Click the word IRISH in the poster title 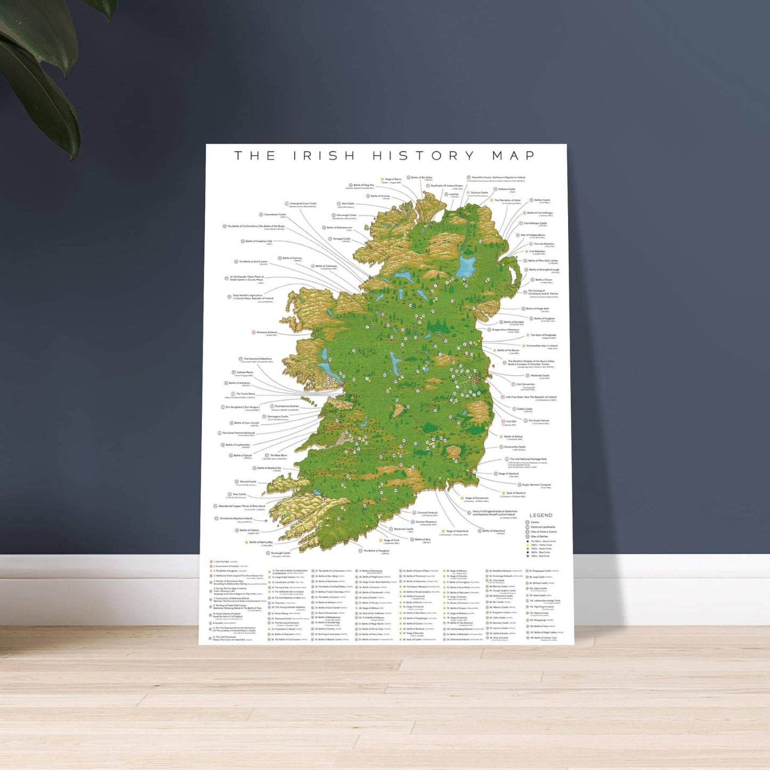pyautogui.click(x=324, y=156)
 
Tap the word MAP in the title pyautogui.click(x=513, y=156)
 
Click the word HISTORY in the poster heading pyautogui.click(x=423, y=156)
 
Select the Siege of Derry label pyautogui.click(x=393, y=180)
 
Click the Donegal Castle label pyautogui.click(x=342, y=239)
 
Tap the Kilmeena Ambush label pyautogui.click(x=266, y=333)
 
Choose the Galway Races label pyautogui.click(x=245, y=372)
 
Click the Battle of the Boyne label pyautogui.click(x=508, y=351)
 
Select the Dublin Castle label pyautogui.click(x=524, y=409)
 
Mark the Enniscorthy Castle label pyautogui.click(x=514, y=447)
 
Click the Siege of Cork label pyautogui.click(x=391, y=540)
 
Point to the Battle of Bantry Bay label pyautogui.click(x=261, y=542)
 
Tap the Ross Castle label pyautogui.click(x=239, y=495)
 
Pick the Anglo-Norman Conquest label pyautogui.click(x=536, y=485)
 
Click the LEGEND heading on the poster pyautogui.click(x=540, y=515)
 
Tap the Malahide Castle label pyautogui.click(x=539, y=376)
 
